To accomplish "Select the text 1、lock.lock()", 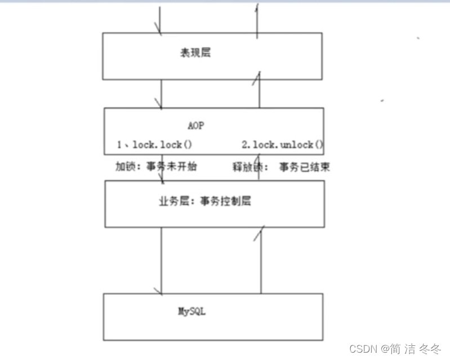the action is [154, 145].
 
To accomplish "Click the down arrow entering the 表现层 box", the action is [161, 20].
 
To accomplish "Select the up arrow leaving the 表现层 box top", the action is [258, 20].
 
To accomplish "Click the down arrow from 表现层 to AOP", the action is [161, 94].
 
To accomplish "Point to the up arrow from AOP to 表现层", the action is [259, 90].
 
